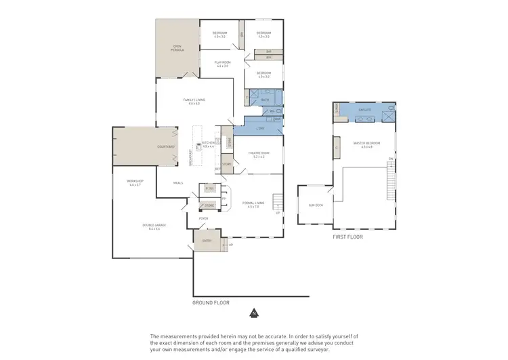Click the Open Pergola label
click(177, 48)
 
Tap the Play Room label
click(222, 64)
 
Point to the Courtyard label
click(166, 147)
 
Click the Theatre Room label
click(260, 155)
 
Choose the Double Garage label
click(154, 226)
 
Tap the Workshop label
click(133, 183)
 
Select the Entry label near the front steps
click(207, 241)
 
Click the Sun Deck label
click(316, 204)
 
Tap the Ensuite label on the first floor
click(364, 108)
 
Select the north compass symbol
click(253, 313)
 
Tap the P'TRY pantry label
click(209, 188)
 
